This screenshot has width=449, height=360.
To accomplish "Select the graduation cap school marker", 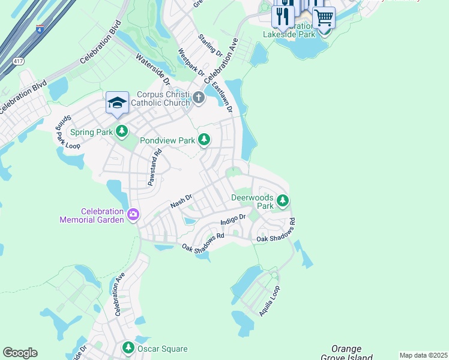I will click(x=117, y=103).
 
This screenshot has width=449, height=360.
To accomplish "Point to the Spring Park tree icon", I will click(x=122, y=131).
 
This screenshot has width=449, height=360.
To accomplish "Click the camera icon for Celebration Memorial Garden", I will click(x=133, y=214).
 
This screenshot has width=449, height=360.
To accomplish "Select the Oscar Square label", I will click(x=163, y=349).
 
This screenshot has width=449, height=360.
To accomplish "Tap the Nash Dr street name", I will click(x=181, y=201).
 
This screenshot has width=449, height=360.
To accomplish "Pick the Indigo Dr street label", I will click(x=234, y=220).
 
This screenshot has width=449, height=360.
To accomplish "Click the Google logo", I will click(x=20, y=353).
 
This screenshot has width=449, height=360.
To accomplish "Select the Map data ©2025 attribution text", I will click(x=423, y=355).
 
